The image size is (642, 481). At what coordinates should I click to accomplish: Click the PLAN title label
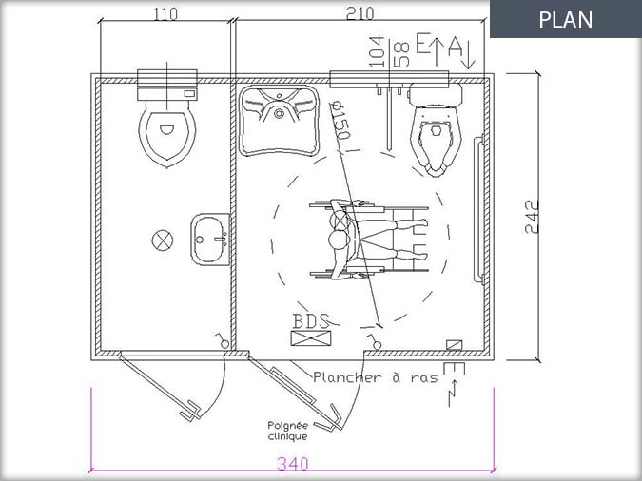[565, 19]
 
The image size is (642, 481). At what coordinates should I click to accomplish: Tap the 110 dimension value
[165, 14]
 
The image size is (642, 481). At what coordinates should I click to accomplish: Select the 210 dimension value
[360, 13]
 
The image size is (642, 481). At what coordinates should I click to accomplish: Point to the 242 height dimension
[532, 217]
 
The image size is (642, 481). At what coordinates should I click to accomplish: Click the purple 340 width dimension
[293, 464]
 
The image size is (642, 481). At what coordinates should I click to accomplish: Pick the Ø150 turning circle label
[340, 121]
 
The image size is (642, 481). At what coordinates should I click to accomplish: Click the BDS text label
[311, 321]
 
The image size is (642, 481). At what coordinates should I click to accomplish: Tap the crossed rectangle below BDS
[311, 338]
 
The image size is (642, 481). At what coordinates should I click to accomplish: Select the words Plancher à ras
[376, 377]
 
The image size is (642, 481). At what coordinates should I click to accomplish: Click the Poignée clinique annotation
[288, 431]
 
